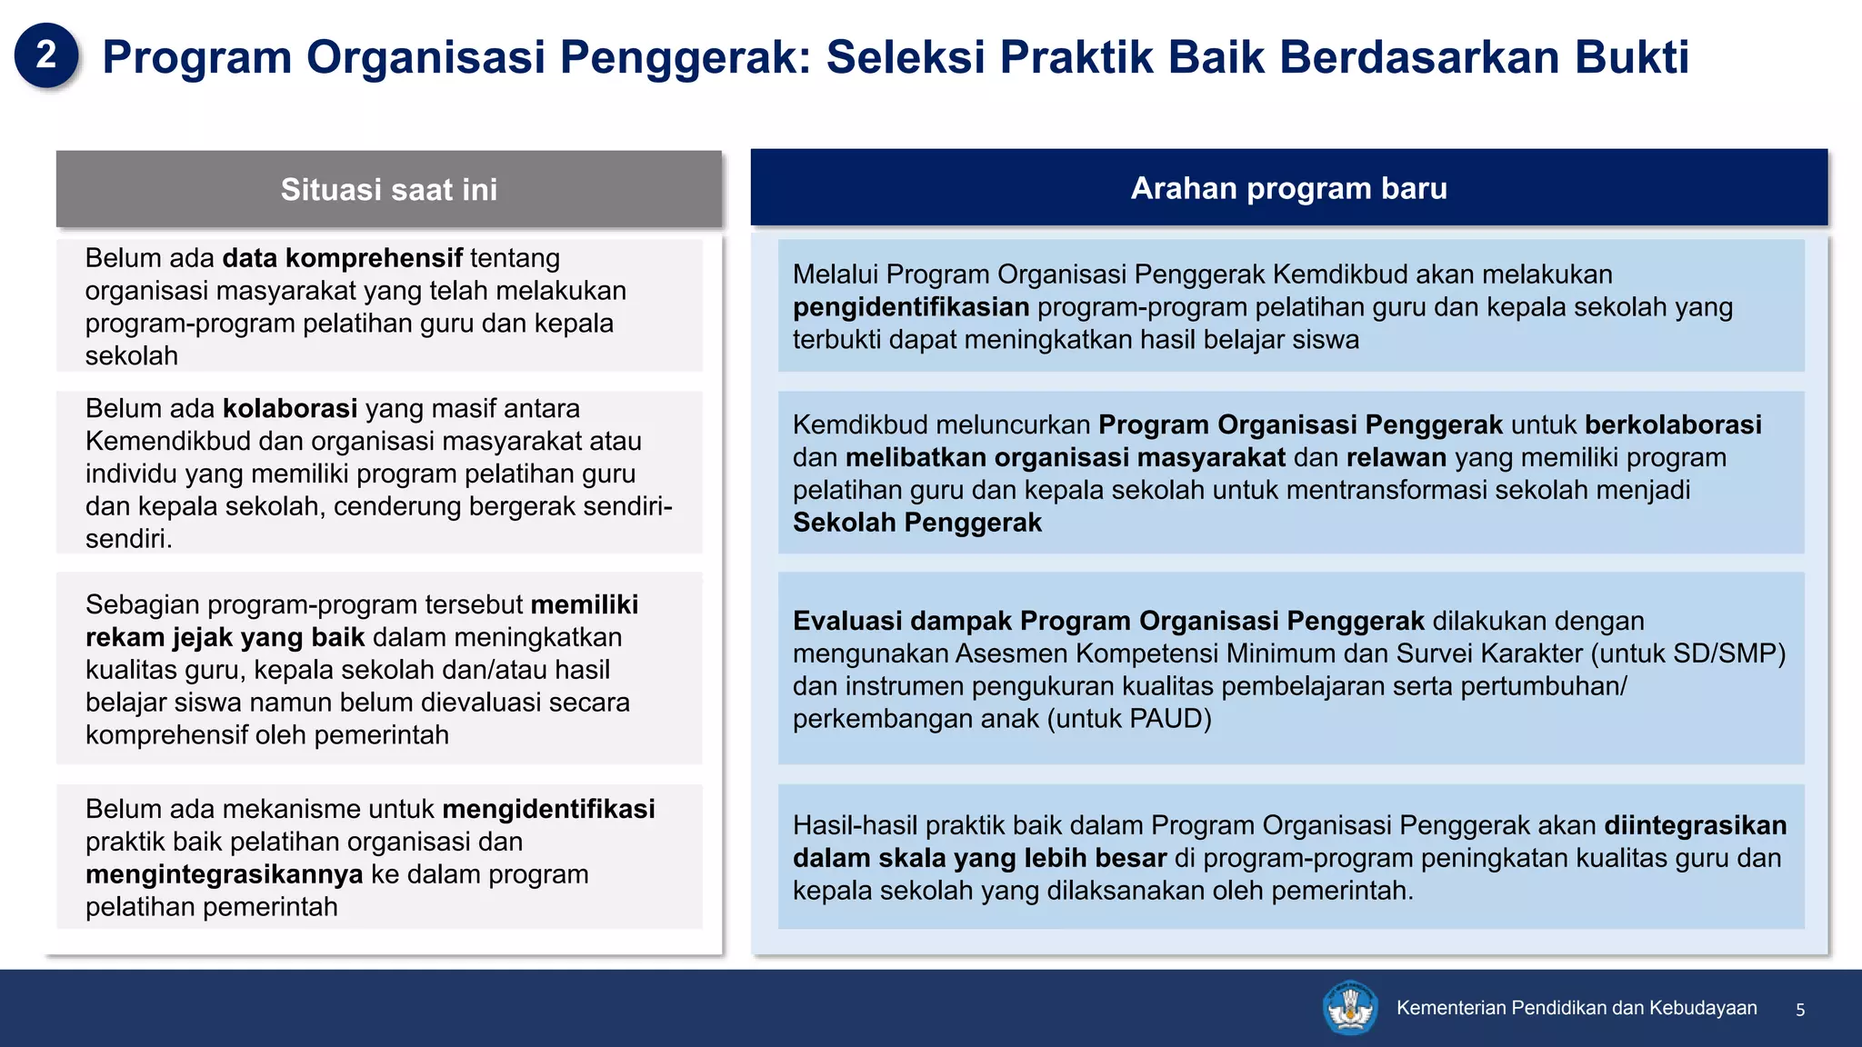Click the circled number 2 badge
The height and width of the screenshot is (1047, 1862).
point(46,55)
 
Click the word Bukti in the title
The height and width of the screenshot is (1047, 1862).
point(1631,56)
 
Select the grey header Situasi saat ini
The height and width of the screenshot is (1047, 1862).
point(388,189)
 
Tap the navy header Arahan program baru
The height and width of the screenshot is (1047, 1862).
point(1288,188)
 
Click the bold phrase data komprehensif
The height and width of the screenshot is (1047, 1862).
point(342,258)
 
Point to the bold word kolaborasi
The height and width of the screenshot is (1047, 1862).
point(290,409)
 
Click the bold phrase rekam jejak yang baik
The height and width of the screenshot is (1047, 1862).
point(225,637)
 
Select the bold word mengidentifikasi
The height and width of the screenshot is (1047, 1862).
point(548,809)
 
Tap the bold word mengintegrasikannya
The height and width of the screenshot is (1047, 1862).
point(224,874)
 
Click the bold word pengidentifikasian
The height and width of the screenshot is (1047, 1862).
point(910,307)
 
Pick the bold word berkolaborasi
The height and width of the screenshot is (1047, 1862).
point(1672,424)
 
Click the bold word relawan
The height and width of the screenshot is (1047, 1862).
point(1396,457)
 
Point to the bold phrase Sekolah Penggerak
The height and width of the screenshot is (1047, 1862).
point(916,523)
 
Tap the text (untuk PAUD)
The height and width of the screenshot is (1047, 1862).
point(1129,719)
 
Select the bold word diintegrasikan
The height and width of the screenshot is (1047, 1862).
point(1695,825)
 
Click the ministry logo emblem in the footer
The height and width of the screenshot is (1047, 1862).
point(1349,1007)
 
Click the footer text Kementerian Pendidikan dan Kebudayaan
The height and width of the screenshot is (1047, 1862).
point(1576,1008)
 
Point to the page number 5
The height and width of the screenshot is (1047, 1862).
point(1799,1010)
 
